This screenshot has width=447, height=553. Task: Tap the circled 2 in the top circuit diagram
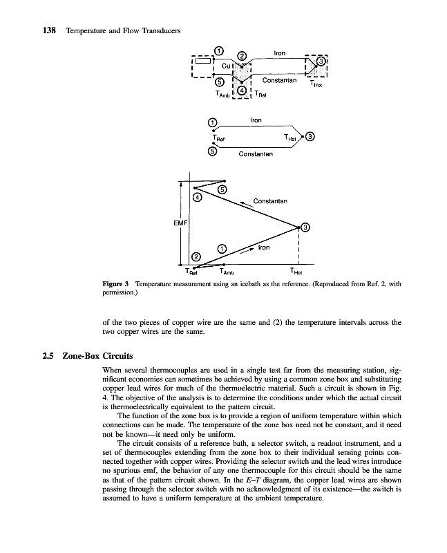(242, 55)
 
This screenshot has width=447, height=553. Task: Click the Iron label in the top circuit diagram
(279, 53)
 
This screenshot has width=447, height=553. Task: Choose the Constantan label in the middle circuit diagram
(256, 153)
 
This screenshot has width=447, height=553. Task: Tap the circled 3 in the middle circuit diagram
(311, 136)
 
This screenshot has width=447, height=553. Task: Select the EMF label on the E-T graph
(173, 223)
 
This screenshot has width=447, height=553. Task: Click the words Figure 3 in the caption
(116, 284)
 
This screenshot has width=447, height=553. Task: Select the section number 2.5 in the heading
(49, 357)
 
